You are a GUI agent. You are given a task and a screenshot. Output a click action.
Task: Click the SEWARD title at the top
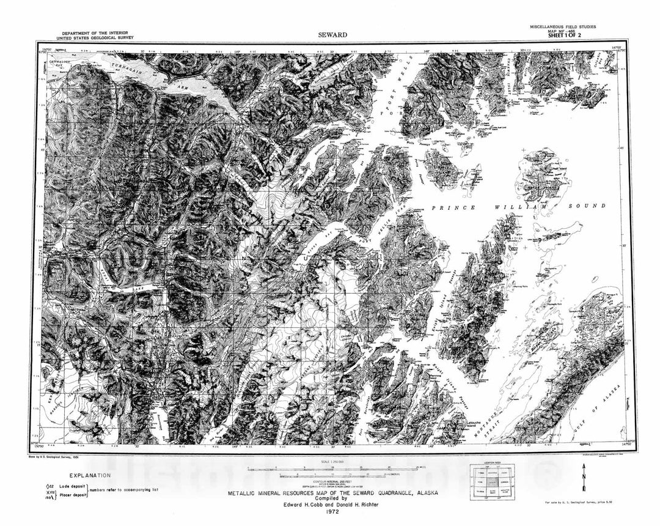coord(332,35)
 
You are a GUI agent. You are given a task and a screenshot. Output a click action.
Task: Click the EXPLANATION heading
coord(90,475)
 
